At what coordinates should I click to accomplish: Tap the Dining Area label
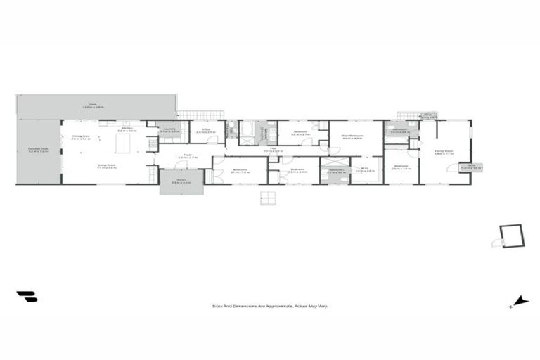pyautogui.click(x=81, y=137)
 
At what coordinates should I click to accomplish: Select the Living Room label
pyautogui.click(x=106, y=166)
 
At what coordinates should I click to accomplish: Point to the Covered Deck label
pyautogui.click(x=38, y=150)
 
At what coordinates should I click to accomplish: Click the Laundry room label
pyautogui.click(x=169, y=131)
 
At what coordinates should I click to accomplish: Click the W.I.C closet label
pyautogui.click(x=365, y=169)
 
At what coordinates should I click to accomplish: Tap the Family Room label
pyautogui.click(x=443, y=152)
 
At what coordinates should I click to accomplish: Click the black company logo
pyautogui.click(x=27, y=297)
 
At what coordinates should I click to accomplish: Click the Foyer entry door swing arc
pyautogui.click(x=181, y=166)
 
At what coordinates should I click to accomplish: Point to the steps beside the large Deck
pyautogui.click(x=200, y=114)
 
